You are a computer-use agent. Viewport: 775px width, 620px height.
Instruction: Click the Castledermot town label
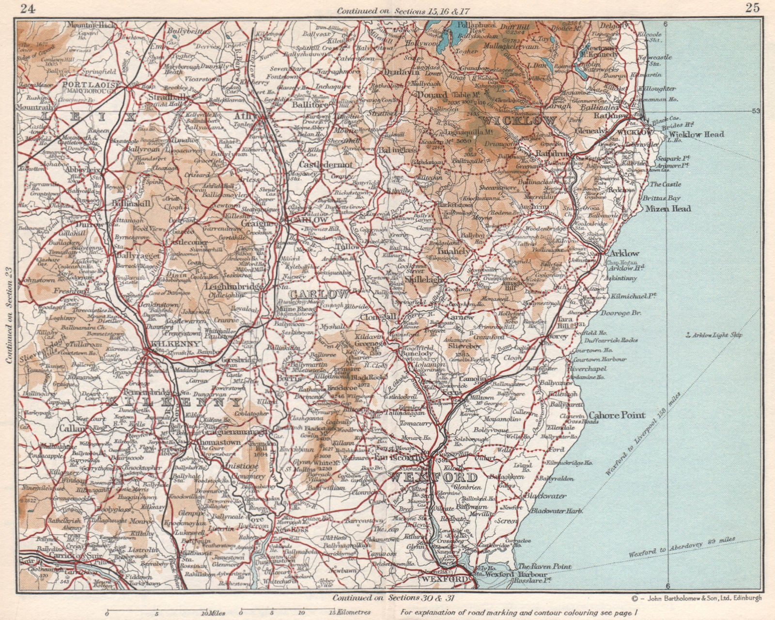coord(330,165)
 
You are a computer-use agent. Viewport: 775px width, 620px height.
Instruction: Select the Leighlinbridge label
coord(234,286)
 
